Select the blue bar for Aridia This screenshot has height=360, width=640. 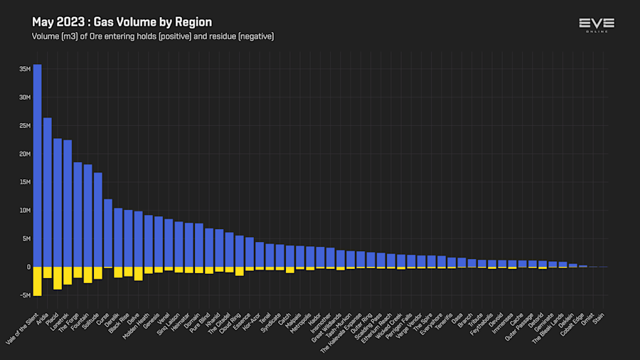pyautogui.click(x=47, y=192)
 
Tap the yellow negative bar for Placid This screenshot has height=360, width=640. pyautogui.click(x=57, y=278)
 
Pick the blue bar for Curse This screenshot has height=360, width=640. pyautogui.click(x=108, y=233)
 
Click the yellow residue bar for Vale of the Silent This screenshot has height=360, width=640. pyautogui.click(x=37, y=281)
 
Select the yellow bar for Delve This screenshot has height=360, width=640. pyautogui.click(x=138, y=274)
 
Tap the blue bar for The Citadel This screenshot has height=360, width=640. pyautogui.click(x=229, y=250)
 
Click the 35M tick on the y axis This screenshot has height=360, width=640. pyautogui.click(x=25, y=69)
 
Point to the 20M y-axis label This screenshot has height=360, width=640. pyautogui.click(x=25, y=154)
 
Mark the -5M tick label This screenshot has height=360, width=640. pyautogui.click(x=25, y=295)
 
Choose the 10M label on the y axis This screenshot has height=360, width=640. pyautogui.click(x=25, y=211)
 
